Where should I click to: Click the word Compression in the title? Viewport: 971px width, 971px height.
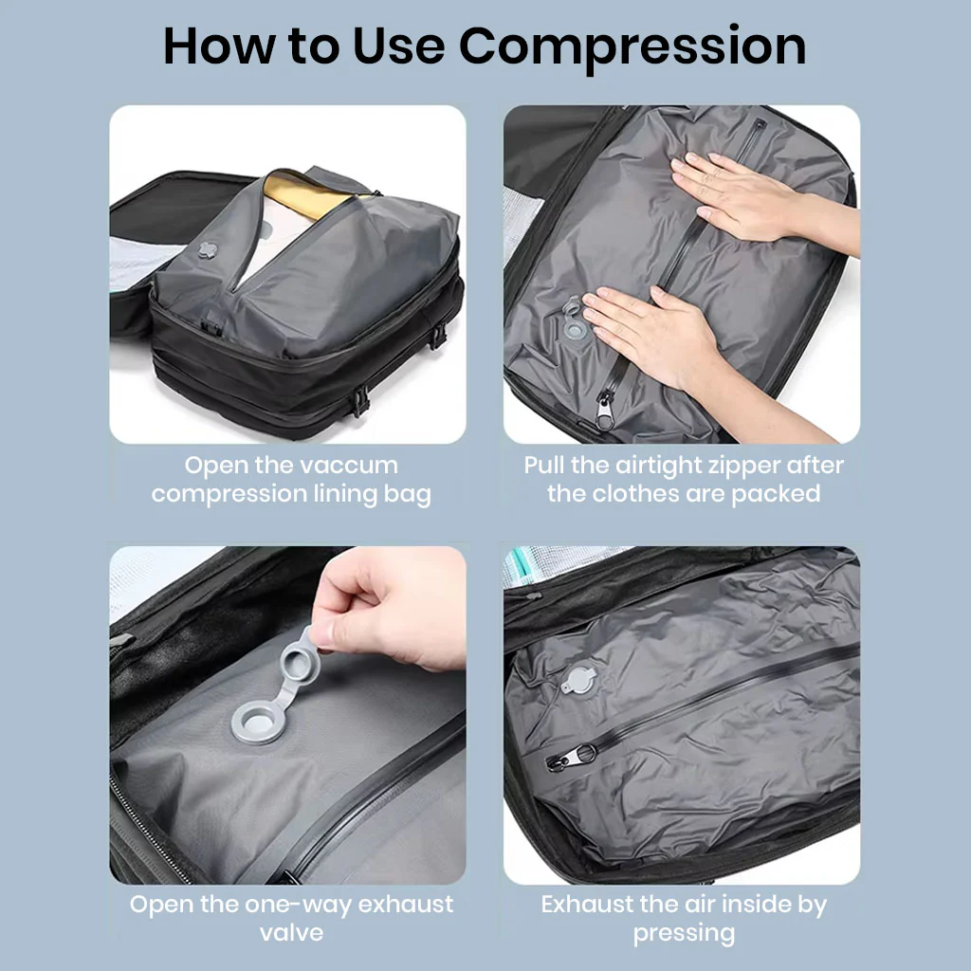632,48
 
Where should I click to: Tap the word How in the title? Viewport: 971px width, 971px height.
220,46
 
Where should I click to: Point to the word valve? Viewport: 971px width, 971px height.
292,933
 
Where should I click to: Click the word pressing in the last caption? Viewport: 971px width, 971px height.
684,934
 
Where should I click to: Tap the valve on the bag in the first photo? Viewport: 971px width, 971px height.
208,250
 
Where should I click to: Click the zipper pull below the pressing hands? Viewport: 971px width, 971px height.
604,408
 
